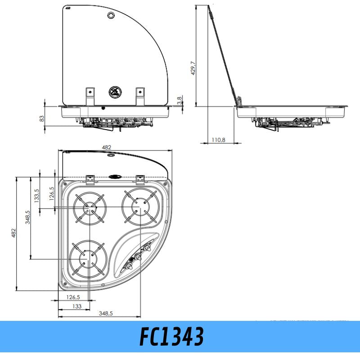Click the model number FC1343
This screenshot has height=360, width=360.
click(x=171, y=336)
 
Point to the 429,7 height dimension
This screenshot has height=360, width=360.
click(x=193, y=68)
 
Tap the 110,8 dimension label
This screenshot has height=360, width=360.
click(x=218, y=139)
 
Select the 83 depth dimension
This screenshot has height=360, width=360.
click(x=41, y=118)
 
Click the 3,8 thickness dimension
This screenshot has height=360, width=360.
click(x=180, y=100)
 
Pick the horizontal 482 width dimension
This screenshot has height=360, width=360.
click(x=106, y=147)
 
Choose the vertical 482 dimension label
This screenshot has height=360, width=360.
click(x=13, y=233)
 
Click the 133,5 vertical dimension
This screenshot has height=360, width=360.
click(x=36, y=196)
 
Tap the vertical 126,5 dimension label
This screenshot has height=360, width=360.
click(x=52, y=193)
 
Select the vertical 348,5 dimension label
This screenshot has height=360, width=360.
click(x=27, y=217)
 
